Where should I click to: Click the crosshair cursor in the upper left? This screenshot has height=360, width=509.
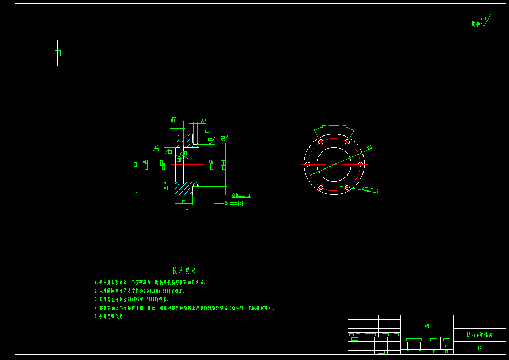pyautogui.click(x=57, y=53)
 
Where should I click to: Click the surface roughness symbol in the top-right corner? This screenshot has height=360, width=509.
pyautogui.click(x=483, y=23)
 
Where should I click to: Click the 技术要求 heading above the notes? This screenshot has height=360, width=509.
pyautogui.click(x=184, y=270)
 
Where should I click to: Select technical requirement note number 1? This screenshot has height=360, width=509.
pyautogui.click(x=150, y=282)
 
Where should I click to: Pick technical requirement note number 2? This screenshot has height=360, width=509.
pyautogui.click(x=140, y=291)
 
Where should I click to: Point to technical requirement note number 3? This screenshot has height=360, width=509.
pyautogui.click(x=132, y=299)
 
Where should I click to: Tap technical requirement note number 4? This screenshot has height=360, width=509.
pyautogui.click(x=185, y=308)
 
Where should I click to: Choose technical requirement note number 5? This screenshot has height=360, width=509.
pyautogui.click(x=110, y=317)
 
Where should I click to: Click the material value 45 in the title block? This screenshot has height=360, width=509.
pyautogui.click(x=426, y=326)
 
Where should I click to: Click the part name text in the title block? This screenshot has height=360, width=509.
pyautogui.click(x=479, y=335)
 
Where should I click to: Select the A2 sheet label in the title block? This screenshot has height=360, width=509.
pyautogui.click(x=479, y=348)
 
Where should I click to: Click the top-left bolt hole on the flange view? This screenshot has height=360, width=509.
pyautogui.click(x=321, y=141)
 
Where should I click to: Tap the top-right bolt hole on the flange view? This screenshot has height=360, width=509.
pyautogui.click(x=347, y=141)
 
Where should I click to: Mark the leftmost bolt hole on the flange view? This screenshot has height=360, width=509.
pyautogui.click(x=307, y=164)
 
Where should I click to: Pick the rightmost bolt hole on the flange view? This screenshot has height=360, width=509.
pyautogui.click(x=360, y=164)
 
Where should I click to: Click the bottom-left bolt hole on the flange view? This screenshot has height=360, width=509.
pyautogui.click(x=321, y=187)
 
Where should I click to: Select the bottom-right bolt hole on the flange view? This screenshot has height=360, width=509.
pyautogui.click(x=347, y=187)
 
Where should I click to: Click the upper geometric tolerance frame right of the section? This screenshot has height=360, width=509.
pyautogui.click(x=241, y=195)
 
